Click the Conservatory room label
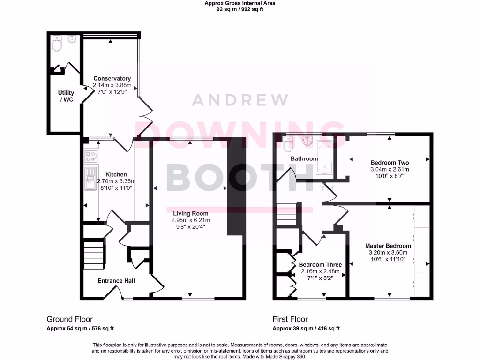click(112, 79)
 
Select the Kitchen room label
click(116, 174)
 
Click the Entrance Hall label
click(116, 281)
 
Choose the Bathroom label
click(304, 158)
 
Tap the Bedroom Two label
click(390, 162)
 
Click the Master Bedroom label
click(388, 246)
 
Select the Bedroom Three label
click(320, 264)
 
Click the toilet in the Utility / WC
click(57, 45)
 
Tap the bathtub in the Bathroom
click(324, 158)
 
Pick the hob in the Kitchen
click(90, 156)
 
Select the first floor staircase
click(286, 215)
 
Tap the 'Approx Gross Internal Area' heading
click(240, 3)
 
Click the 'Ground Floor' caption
click(69, 319)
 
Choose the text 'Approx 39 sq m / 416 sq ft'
click(306, 329)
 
